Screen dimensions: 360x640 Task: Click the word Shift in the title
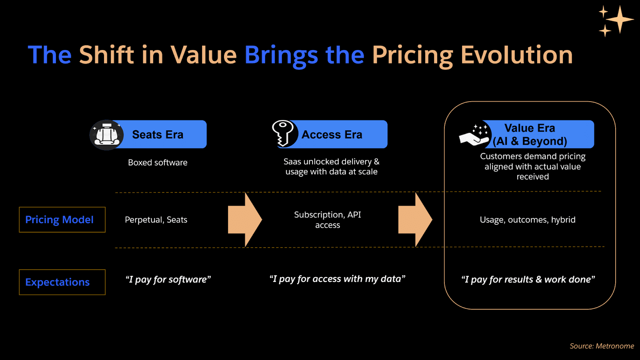106,55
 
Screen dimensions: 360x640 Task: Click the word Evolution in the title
516,55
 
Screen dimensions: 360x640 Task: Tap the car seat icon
106,135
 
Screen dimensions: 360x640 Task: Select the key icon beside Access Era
283,133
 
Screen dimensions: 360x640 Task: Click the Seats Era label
158,135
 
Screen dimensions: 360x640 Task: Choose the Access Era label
332,135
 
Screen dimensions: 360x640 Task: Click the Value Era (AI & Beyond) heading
530,134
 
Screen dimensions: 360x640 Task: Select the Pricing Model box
62,220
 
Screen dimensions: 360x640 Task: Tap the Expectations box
62,282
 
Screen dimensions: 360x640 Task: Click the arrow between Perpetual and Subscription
244,220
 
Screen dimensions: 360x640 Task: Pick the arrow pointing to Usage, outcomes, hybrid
415,220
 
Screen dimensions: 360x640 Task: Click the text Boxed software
158,162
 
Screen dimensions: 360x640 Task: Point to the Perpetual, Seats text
156,220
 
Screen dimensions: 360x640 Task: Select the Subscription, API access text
328,220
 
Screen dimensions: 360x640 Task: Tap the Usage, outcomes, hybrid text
528,220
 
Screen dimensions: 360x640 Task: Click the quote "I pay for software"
168,279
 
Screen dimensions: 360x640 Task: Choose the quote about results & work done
528,279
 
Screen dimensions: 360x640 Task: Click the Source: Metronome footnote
602,346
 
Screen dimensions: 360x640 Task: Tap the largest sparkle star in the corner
620,19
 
